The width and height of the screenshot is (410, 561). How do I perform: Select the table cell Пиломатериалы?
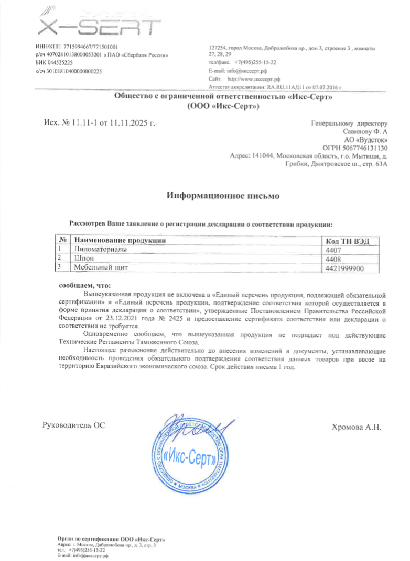pos(100,250)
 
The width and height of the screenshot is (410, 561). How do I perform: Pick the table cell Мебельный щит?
pos(101,268)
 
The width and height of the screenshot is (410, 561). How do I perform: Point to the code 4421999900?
pos(345,268)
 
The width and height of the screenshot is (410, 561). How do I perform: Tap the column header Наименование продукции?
pos(120,241)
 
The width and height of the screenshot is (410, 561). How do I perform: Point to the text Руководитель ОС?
pos(73,424)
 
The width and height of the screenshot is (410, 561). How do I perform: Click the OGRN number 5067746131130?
pos(362,148)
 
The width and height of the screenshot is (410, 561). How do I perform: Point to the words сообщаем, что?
pos(84,286)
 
